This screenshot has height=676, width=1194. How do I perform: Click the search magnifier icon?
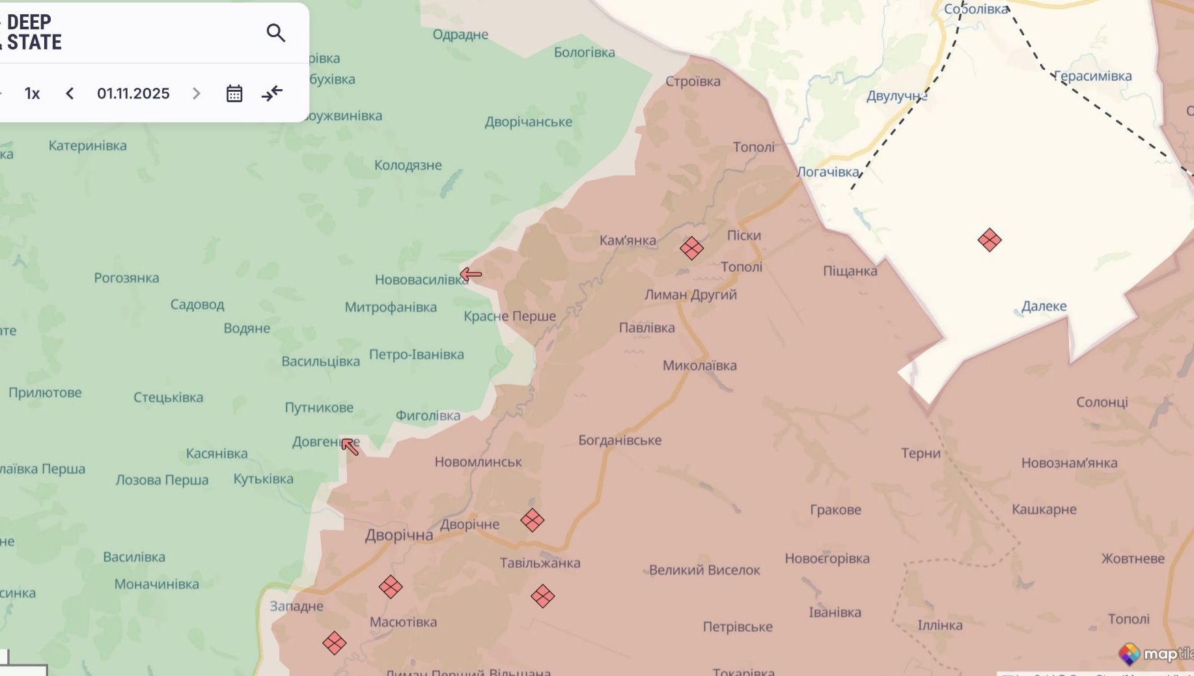276,33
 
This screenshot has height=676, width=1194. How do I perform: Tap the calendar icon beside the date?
234,93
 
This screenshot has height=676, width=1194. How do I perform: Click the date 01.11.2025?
133,93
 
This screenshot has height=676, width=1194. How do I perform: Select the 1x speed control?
32,93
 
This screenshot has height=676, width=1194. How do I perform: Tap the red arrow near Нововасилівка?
471,274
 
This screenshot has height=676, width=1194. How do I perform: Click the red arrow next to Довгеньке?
350,447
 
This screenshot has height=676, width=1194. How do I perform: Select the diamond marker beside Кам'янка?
691,248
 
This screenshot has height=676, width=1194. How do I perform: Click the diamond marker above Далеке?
990,240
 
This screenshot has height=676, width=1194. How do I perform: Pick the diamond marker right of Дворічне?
533,520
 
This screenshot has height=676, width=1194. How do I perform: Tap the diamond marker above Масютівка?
391,587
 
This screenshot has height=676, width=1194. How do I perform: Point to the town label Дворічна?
398,535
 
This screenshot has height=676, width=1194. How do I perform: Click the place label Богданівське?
620,440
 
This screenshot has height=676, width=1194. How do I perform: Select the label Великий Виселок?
704,570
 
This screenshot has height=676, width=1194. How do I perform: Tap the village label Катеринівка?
87,145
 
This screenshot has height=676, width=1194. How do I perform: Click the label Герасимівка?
1092,76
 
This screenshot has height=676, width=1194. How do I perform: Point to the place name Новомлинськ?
478,462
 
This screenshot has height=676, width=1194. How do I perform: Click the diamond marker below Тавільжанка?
542,596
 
